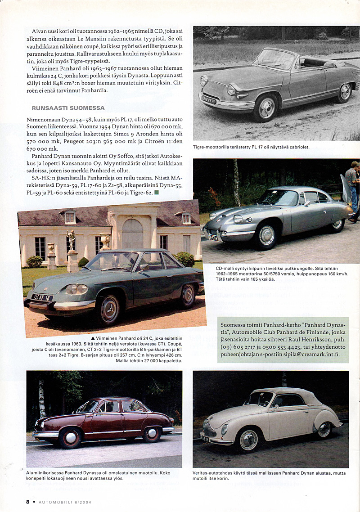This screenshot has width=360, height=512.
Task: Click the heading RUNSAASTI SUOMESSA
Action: click(x=68, y=108)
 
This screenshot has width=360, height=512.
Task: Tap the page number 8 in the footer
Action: click(x=27, y=502)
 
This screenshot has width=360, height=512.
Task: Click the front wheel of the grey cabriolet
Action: click(x=266, y=109)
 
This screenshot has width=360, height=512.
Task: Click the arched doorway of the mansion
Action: click(x=132, y=234)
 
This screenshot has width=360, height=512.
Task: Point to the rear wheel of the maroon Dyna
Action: click(x=152, y=434)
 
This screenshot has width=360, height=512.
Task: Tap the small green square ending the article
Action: click(x=156, y=192)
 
